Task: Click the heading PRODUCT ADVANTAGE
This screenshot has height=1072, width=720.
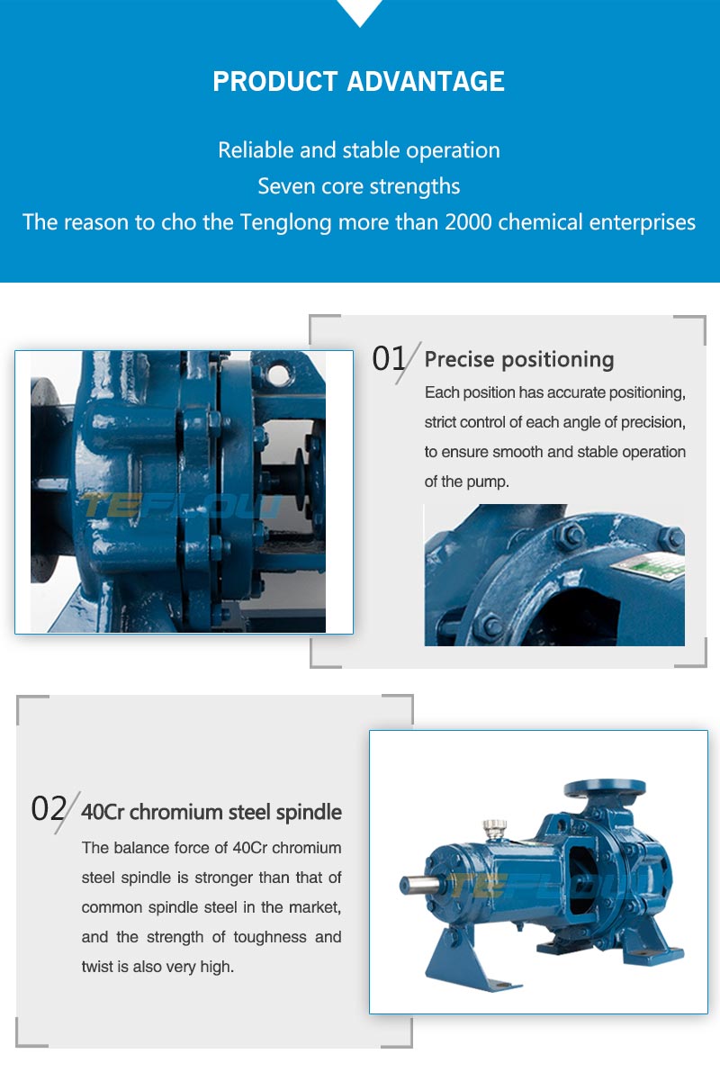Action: (358, 81)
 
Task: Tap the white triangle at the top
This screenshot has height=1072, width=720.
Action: (360, 10)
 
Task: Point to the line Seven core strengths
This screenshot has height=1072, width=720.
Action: (359, 186)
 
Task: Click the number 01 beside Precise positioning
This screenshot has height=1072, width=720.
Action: (389, 358)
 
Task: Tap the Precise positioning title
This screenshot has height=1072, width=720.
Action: (519, 360)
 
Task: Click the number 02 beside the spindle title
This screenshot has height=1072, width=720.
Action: (49, 809)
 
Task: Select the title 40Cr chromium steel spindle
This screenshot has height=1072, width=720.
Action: (211, 812)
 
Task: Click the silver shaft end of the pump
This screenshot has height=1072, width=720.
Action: (419, 885)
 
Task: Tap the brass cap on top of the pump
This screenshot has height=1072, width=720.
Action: (494, 828)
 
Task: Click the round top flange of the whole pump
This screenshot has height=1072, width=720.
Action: (605, 788)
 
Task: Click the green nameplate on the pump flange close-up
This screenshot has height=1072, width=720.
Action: (649, 565)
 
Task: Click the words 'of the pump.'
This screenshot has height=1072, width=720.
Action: (466, 482)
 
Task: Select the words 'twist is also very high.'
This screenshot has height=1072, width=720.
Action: (157, 967)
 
